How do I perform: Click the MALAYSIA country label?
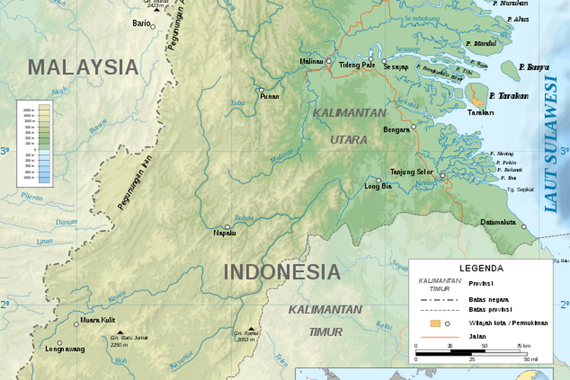pyautogui.click(x=83, y=67)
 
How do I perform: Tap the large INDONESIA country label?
pyautogui.click(x=282, y=271)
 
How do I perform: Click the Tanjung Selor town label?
pyautogui.click(x=411, y=172)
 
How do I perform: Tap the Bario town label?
pyautogui.click(x=141, y=24)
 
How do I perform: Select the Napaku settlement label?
pyautogui.click(x=225, y=233)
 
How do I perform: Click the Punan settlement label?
pyautogui.click(x=269, y=97)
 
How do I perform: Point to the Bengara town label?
pyautogui.click(x=397, y=129)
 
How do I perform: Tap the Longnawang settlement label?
pyautogui.click(x=65, y=349)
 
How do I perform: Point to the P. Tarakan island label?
pyautogui.click(x=509, y=96)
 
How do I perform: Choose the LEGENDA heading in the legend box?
pyautogui.click(x=480, y=268)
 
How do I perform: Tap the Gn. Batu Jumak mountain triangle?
pyautogui.click(x=118, y=332)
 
